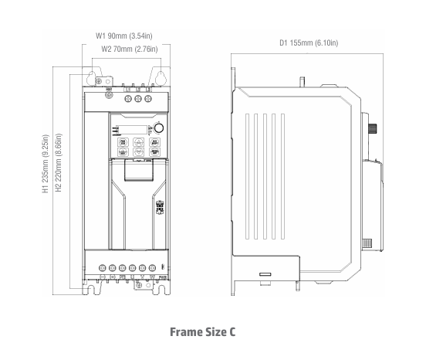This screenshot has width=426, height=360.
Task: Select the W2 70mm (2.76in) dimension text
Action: click(x=130, y=49)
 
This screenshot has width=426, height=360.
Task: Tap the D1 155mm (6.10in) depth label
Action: click(x=308, y=42)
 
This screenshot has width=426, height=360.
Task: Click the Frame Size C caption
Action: click(x=203, y=331)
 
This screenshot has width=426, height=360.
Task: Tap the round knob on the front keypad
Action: click(x=159, y=127)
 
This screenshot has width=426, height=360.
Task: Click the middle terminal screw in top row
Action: click(x=138, y=99)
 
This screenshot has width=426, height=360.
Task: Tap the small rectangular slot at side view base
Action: click(x=265, y=274)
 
